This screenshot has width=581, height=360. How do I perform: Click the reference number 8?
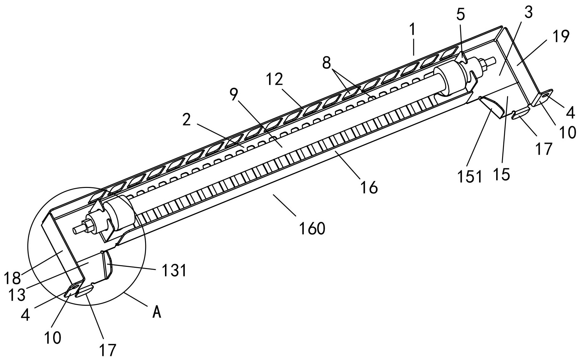coord(326,64)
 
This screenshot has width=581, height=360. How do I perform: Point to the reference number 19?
coord(560,37)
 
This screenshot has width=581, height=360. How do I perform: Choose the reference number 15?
coord(502,175)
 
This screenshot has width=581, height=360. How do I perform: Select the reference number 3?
coord(528,12)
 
